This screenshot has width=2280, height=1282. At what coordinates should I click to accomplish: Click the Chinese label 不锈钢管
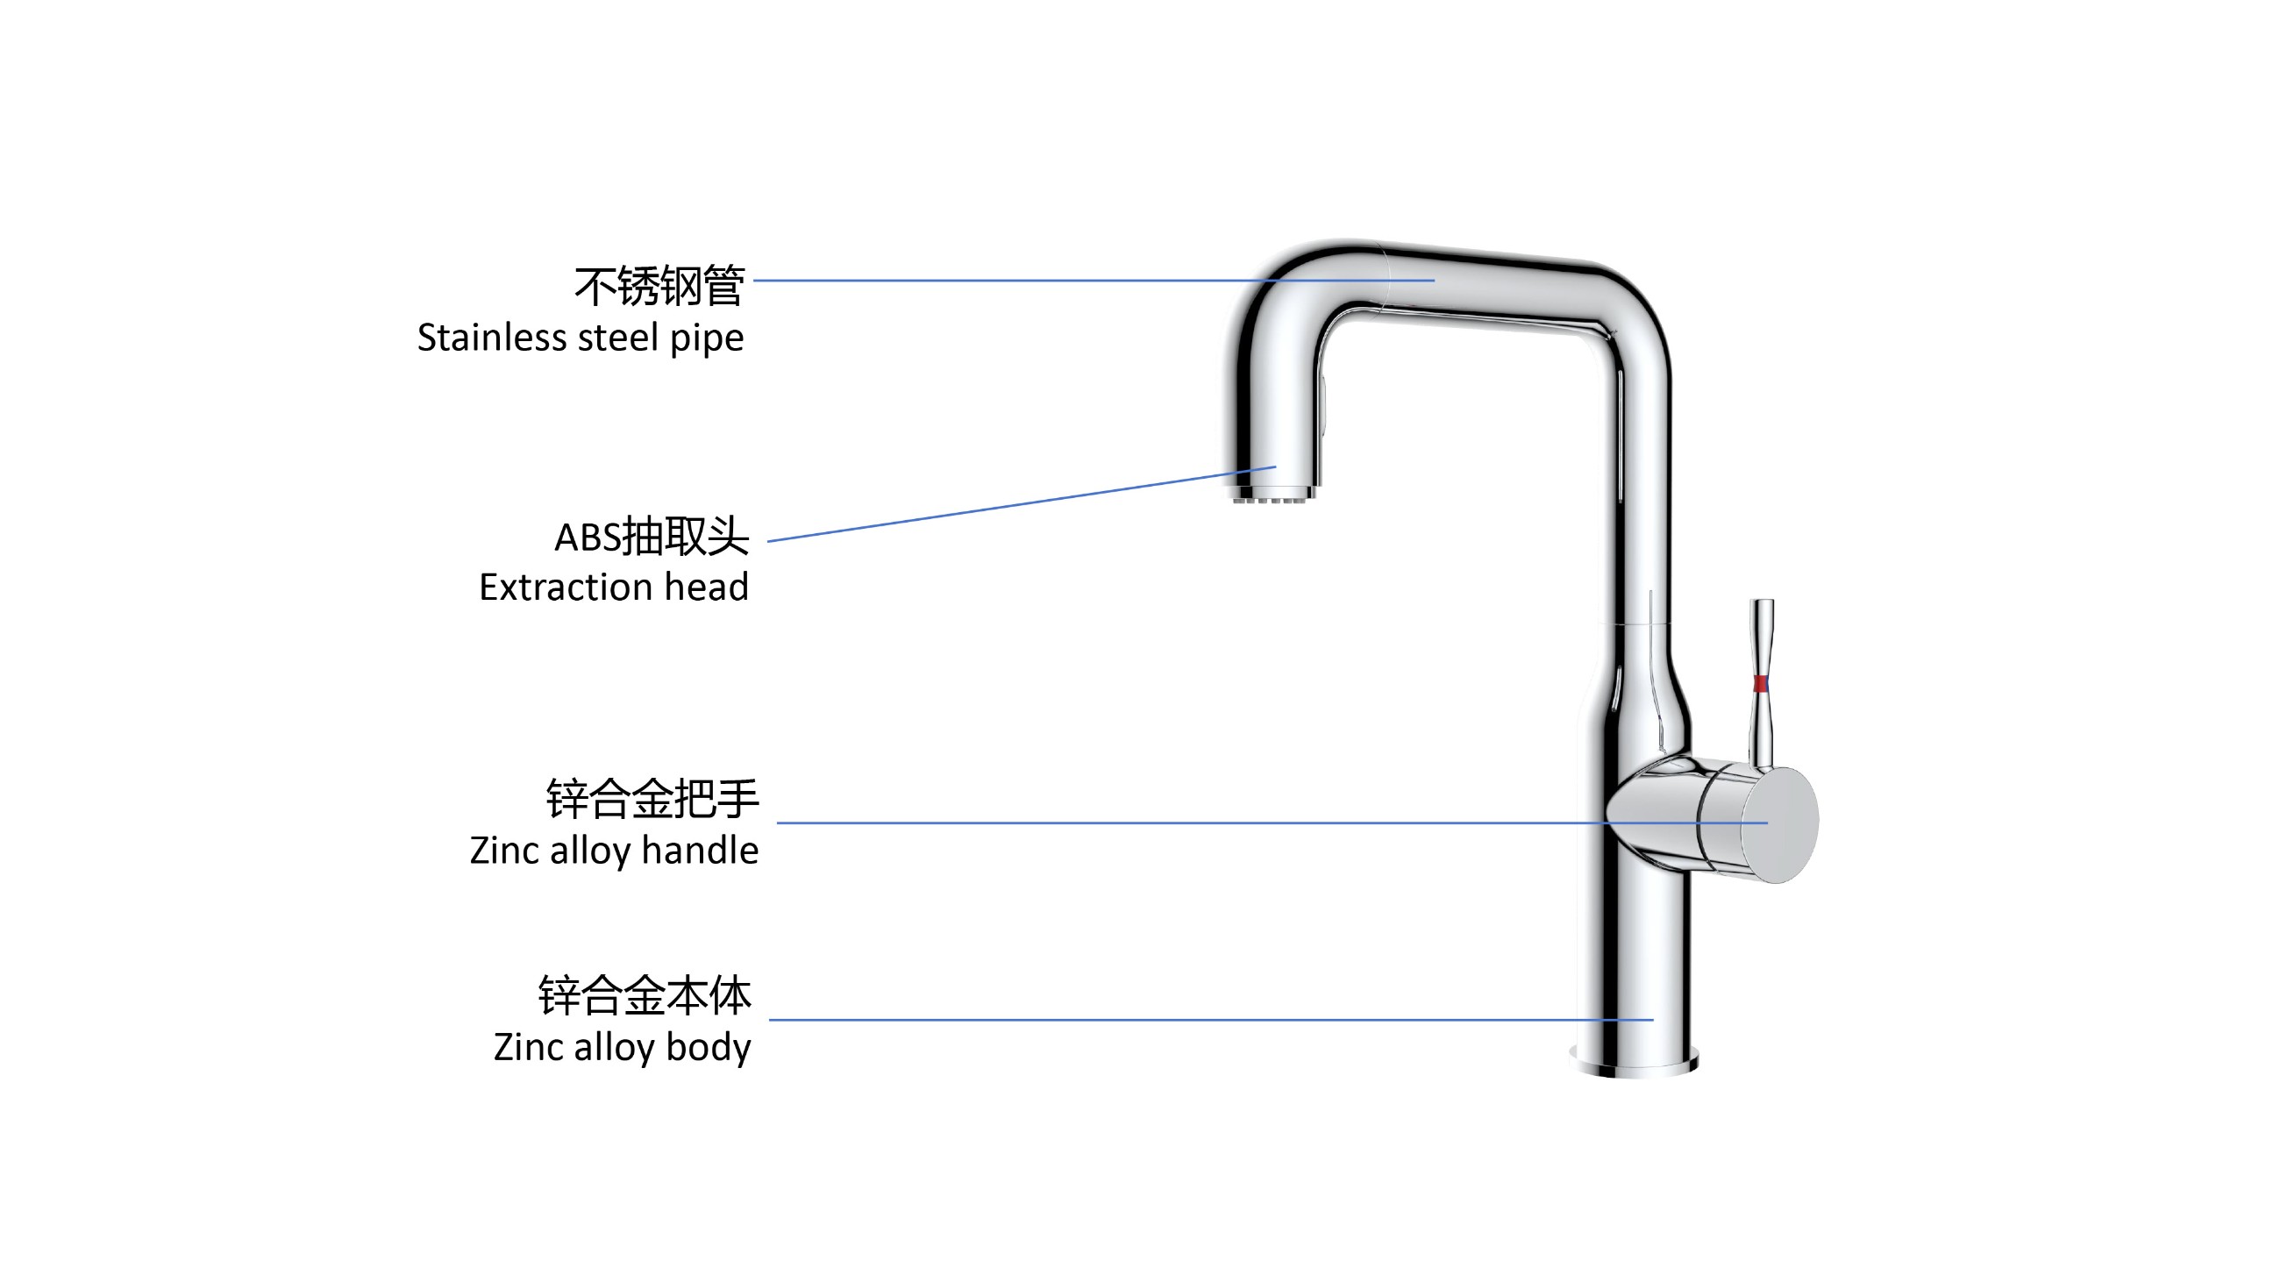659,287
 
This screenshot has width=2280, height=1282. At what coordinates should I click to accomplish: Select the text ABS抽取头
652,536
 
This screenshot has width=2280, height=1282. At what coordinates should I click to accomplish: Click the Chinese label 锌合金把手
652,799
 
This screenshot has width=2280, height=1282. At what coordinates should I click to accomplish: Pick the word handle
699,851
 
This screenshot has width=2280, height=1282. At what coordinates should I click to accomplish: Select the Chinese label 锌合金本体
645,995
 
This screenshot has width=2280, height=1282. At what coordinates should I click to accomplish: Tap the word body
708,1048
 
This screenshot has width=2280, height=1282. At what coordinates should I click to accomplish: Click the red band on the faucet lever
1761,683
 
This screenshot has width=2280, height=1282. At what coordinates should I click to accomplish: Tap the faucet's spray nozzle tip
1271,496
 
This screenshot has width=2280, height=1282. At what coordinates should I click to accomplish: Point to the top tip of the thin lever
1763,604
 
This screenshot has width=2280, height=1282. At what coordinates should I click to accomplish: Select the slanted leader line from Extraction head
1018,504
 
